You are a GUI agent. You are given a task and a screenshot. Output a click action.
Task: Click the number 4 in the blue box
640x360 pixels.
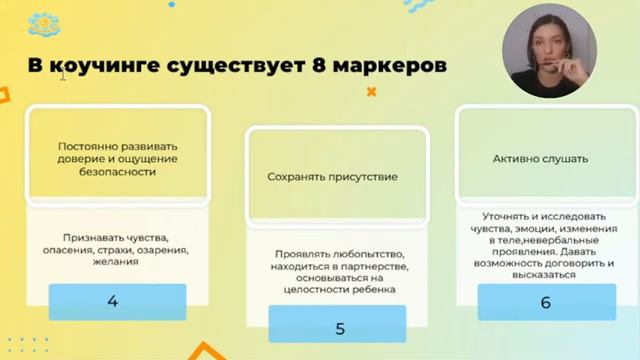[112, 301]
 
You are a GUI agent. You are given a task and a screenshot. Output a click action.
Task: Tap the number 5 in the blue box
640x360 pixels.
[340, 326]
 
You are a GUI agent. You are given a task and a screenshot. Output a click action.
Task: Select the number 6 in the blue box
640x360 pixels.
[544, 301]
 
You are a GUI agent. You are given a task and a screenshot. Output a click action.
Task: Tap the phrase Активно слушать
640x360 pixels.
[540, 158]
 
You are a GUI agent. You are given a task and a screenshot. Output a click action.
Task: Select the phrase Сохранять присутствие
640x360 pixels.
[332, 177]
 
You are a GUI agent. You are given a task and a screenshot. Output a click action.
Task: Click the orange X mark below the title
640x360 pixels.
[372, 92]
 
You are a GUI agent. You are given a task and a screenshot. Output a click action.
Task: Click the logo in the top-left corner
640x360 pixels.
[42, 21]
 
